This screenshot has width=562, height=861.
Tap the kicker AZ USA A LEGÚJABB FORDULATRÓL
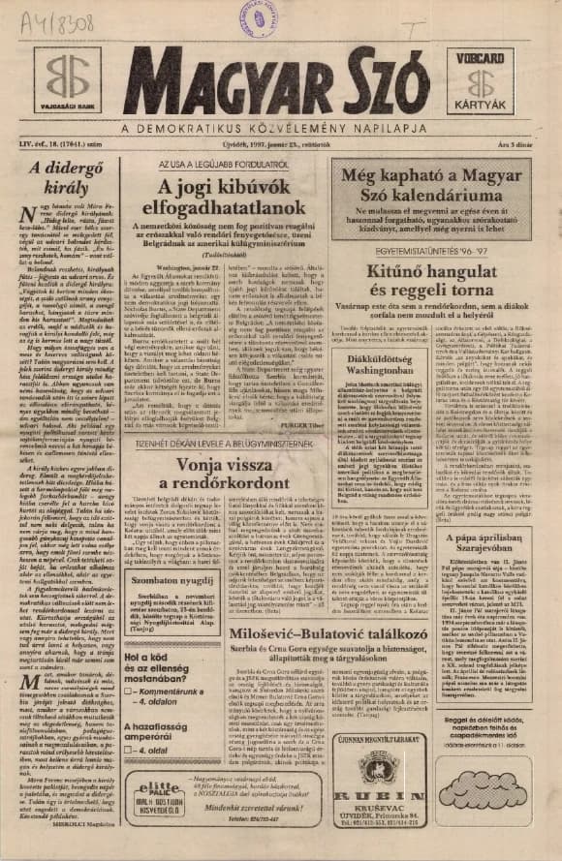click(x=237, y=166)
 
